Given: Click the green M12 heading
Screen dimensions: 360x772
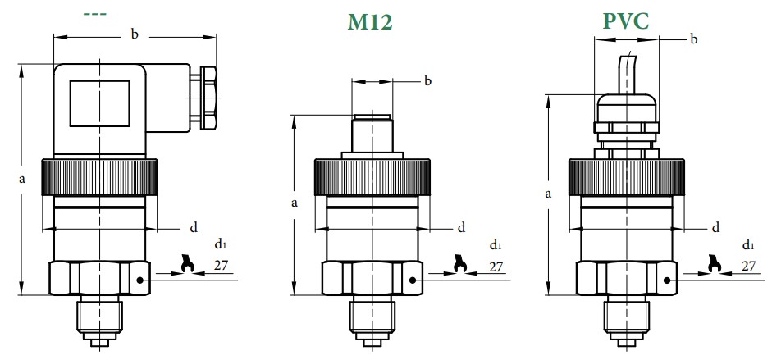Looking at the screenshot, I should [370, 22].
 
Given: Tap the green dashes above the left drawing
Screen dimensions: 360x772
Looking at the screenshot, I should [97, 14].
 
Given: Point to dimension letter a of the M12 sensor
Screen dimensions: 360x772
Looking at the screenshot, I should [293, 202].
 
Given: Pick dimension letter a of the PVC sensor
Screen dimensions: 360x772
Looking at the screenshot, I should [546, 194].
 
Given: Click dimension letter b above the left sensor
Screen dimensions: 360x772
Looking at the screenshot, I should [134, 34].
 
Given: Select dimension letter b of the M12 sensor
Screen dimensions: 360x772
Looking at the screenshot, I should [427, 80].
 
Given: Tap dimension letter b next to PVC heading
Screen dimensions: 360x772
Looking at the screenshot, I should [693, 39].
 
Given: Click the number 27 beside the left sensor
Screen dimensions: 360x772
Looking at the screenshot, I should [221, 265].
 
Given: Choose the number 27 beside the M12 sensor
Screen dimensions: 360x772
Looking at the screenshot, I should [496, 266].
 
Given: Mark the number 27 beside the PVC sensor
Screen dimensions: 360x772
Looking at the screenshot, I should [748, 265].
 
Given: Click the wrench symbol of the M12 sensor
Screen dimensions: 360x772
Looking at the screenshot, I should [459, 264].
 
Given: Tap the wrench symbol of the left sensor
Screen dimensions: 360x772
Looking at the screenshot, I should [186, 264].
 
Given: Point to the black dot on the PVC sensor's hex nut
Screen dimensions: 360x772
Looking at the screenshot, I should [669, 280].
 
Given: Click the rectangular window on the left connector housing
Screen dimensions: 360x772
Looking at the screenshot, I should [99, 103].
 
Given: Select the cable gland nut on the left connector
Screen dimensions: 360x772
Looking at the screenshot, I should [208, 97].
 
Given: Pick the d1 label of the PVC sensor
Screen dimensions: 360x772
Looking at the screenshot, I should [748, 244].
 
